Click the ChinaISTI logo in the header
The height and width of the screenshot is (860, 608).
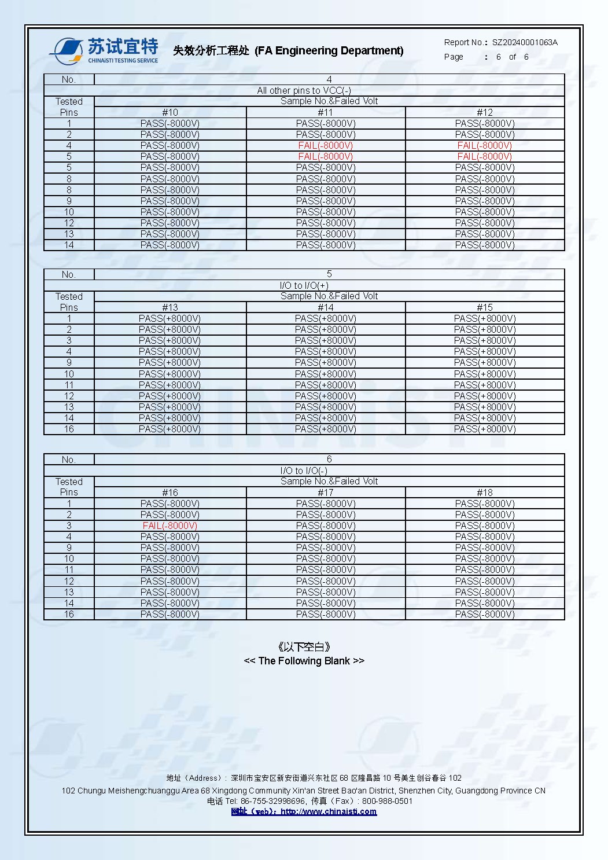[x=104, y=51]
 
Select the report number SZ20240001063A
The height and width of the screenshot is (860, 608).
[x=525, y=42]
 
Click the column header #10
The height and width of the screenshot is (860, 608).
[x=170, y=112]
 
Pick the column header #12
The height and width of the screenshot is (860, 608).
[x=485, y=112]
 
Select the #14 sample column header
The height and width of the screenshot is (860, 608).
[x=326, y=307]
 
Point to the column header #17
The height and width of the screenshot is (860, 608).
[x=326, y=493]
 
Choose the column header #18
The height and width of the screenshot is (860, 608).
[x=485, y=493]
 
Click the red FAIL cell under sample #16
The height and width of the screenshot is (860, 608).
[x=170, y=525]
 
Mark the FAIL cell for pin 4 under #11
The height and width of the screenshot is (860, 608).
[x=326, y=145]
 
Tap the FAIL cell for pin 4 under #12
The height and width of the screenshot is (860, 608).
[x=485, y=145]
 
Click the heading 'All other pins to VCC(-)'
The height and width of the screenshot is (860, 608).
[x=304, y=90]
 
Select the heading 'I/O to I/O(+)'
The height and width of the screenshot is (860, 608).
[x=304, y=285]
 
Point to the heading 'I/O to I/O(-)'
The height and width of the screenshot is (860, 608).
[x=304, y=471]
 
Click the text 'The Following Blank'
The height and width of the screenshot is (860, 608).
[x=304, y=661]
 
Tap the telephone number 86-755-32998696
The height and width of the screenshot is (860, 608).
[x=273, y=801]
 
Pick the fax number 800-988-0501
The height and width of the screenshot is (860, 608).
[x=387, y=801]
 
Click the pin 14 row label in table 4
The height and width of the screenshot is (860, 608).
[x=69, y=245]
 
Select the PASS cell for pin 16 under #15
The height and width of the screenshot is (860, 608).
[x=485, y=429]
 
